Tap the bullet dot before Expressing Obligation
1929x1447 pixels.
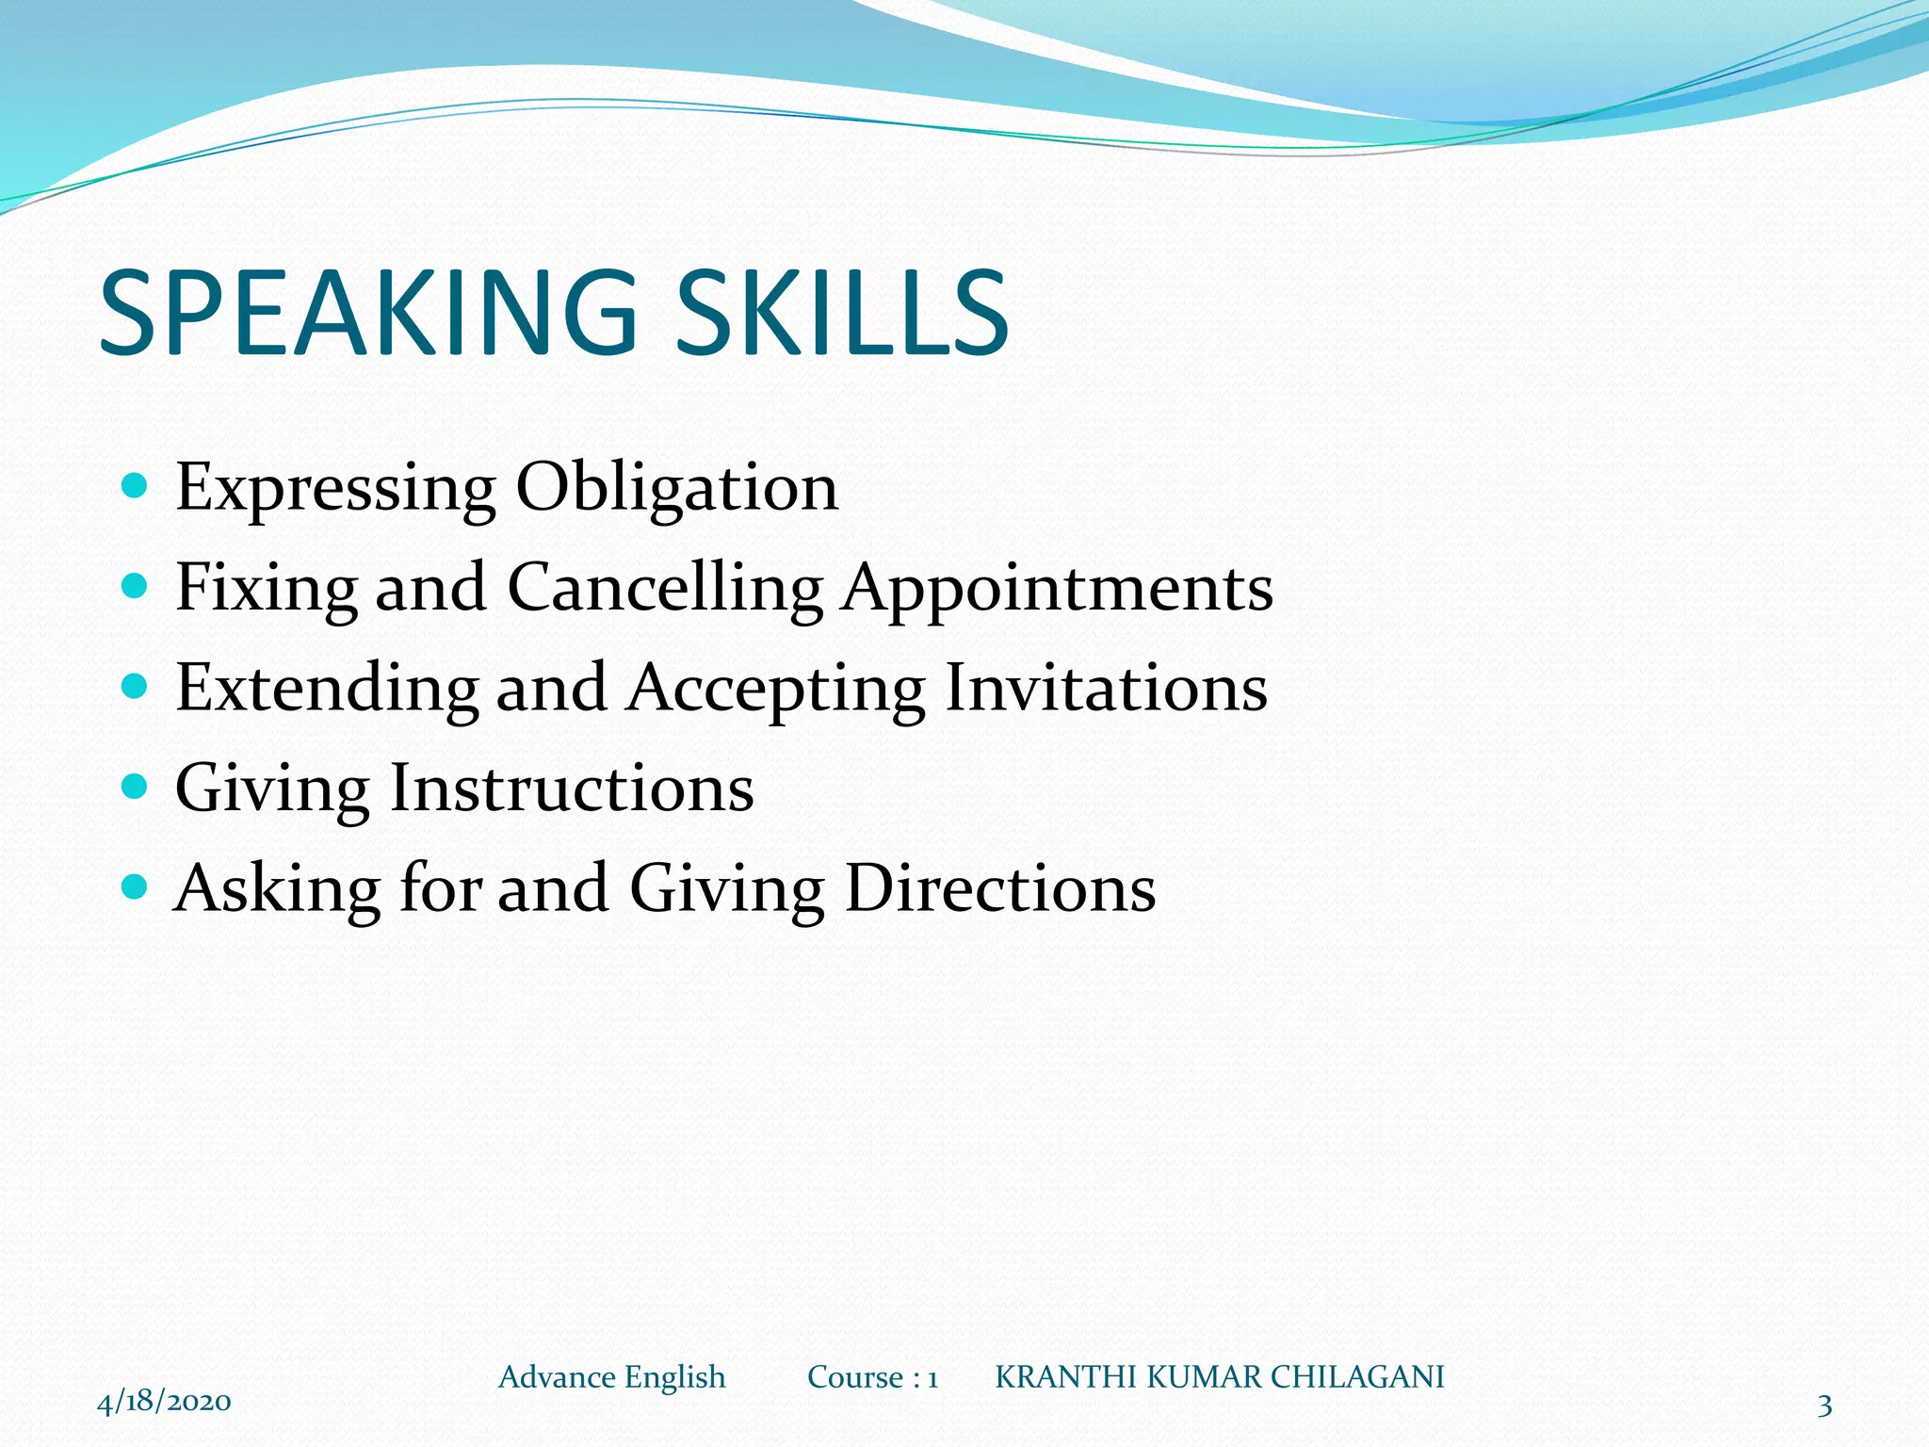[136, 486]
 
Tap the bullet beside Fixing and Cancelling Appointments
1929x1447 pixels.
[136, 586]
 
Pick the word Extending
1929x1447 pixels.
[327, 690]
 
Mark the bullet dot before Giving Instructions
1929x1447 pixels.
[136, 786]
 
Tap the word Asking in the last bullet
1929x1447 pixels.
[278, 889]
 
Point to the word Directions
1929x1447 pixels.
[1000, 889]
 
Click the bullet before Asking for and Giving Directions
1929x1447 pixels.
[136, 886]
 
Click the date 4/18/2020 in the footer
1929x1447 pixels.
[164, 1401]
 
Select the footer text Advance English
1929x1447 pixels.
[612, 1377]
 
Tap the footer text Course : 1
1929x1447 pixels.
[873, 1377]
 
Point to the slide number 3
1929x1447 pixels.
[1824, 1406]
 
